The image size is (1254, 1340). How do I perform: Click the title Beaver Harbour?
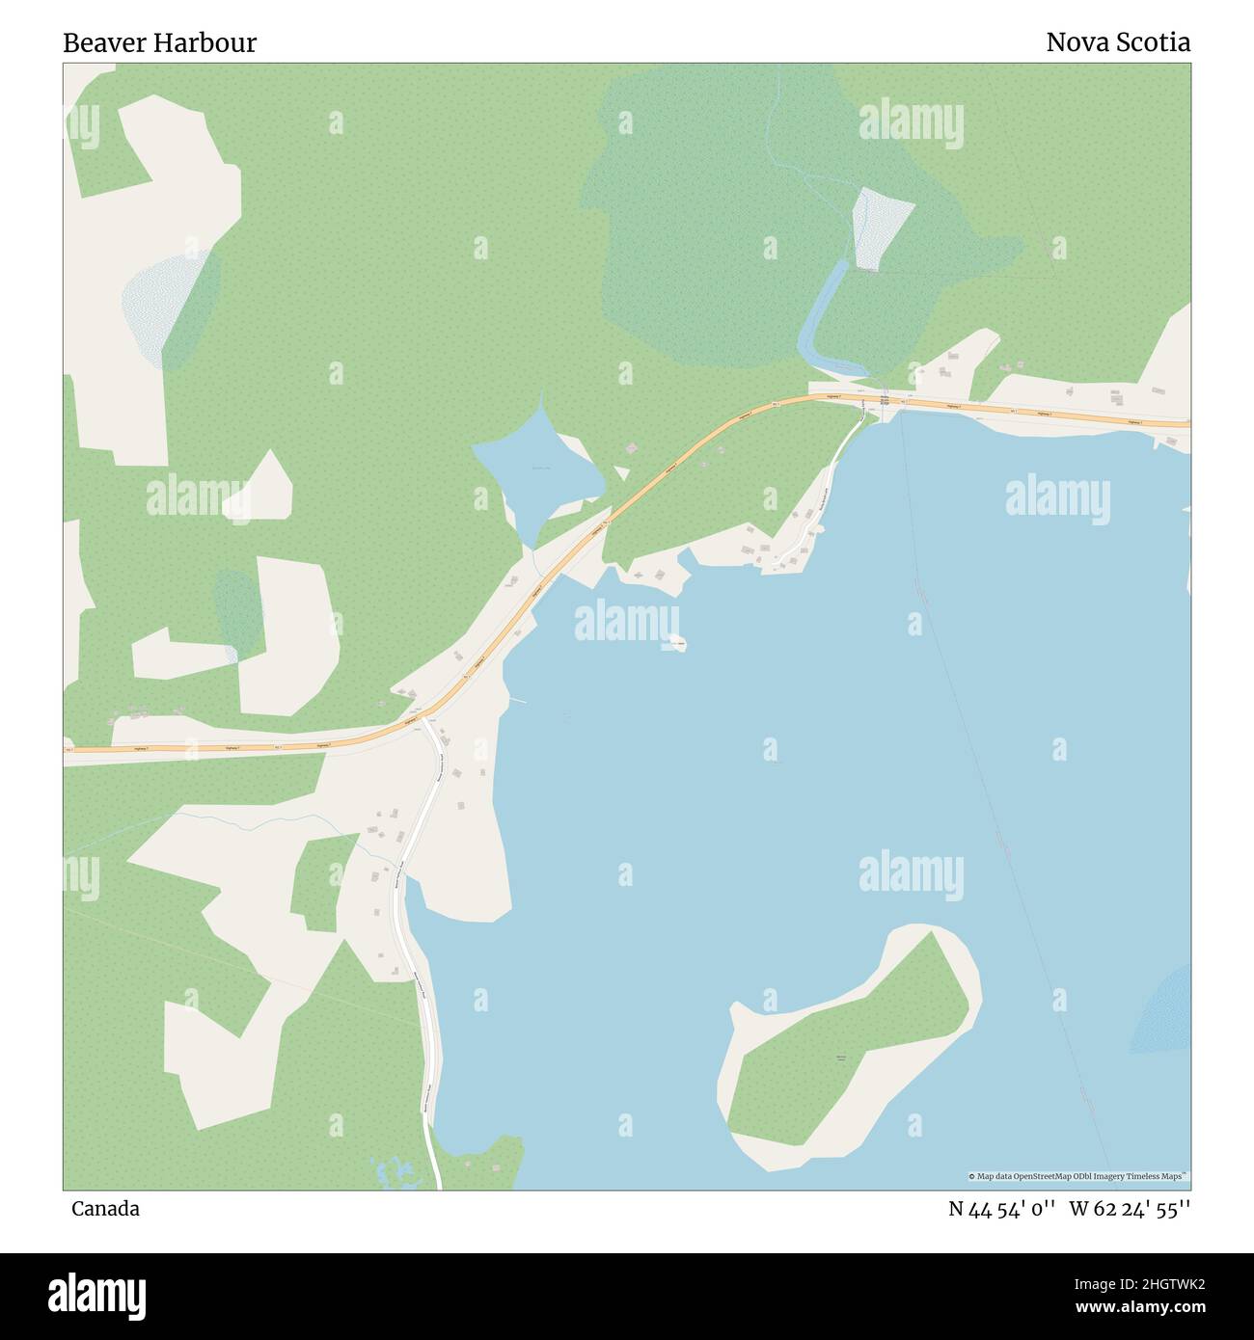tap(159, 43)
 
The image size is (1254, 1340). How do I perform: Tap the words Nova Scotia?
tap(1117, 43)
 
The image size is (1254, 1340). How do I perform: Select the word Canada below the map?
tap(104, 1209)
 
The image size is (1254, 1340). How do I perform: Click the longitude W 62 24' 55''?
tap(1130, 1209)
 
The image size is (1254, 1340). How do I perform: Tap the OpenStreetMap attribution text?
tap(1078, 1176)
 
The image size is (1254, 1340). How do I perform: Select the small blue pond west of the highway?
tap(531, 472)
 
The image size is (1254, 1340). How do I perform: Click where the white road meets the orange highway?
tap(423, 720)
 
